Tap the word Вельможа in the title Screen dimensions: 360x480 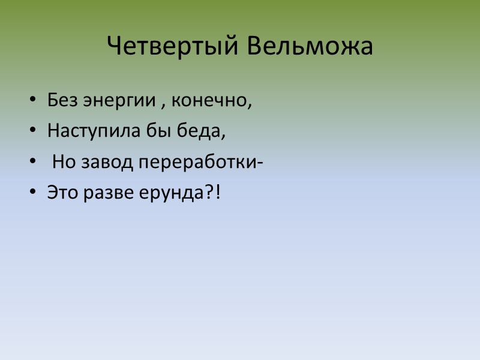309,47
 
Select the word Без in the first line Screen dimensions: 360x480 59,100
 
